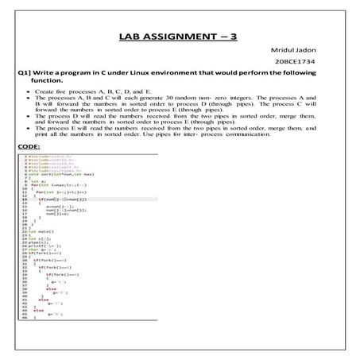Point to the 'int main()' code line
(45, 231)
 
